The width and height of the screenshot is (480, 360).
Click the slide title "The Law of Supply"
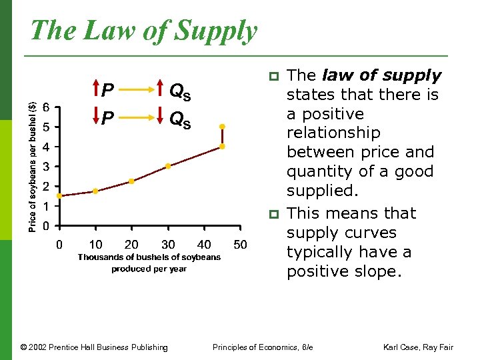tap(143, 31)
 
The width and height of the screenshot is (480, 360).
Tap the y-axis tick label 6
tap(45, 107)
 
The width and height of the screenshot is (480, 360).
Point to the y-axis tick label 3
tap(45, 166)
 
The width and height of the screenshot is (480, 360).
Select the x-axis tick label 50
tap(240, 245)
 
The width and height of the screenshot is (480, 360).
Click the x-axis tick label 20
tap(131, 245)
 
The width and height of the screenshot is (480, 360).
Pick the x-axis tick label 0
tap(59, 245)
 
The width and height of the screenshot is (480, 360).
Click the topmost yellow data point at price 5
tap(222, 126)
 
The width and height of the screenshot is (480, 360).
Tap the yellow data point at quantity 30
tap(168, 166)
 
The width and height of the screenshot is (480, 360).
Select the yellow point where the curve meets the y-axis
tap(59, 196)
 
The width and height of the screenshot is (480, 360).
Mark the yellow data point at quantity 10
tap(95, 191)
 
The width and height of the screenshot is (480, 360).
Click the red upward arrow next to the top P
tap(95, 90)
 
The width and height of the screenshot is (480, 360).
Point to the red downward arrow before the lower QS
tap(163, 119)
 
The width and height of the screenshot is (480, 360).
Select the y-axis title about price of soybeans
tap(33, 157)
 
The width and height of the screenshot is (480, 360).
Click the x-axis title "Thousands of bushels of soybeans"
tap(149, 257)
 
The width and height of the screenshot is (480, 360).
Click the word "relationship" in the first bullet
tap(333, 133)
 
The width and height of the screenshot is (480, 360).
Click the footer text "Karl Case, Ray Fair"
tap(417, 347)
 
